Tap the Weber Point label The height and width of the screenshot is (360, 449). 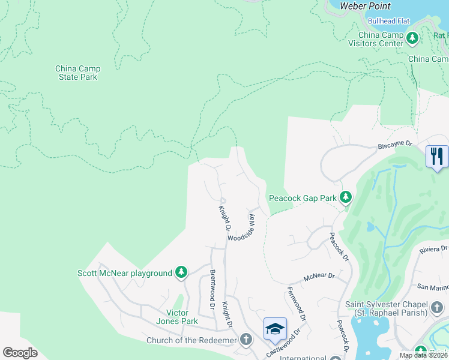point(365,6)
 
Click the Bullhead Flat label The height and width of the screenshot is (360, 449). point(388,21)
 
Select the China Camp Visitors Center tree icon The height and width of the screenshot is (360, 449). point(412,39)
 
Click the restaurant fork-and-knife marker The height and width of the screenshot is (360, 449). point(437,157)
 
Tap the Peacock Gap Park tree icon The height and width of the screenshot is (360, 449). point(345,197)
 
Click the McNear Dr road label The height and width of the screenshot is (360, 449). point(319,277)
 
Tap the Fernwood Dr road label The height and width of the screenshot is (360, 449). point(297,303)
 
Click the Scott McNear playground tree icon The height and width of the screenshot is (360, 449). point(181,273)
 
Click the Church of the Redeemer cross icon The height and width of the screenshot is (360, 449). point(246,340)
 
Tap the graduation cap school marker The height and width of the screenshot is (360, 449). point(275,329)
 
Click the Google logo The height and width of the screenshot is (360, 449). point(20,353)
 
